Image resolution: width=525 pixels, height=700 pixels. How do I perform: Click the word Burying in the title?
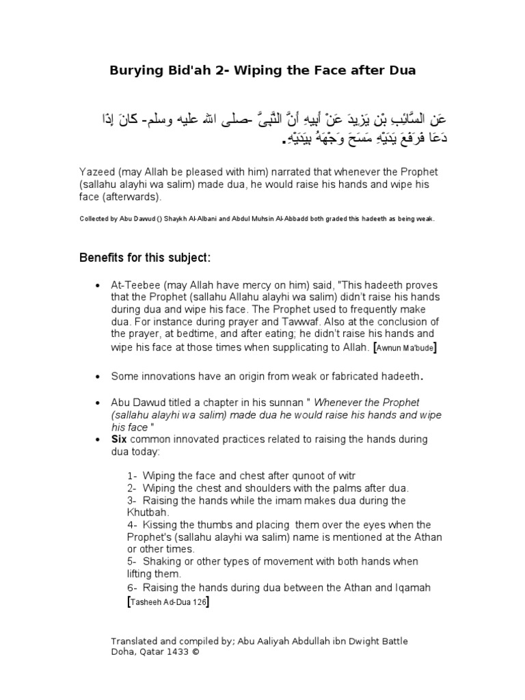[135, 70]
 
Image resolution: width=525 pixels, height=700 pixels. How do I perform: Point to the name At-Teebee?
[134, 284]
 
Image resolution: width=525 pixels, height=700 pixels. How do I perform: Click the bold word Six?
[120, 439]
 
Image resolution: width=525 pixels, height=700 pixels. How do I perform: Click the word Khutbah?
[146, 511]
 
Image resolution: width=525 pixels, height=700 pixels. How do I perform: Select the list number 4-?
[132, 524]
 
